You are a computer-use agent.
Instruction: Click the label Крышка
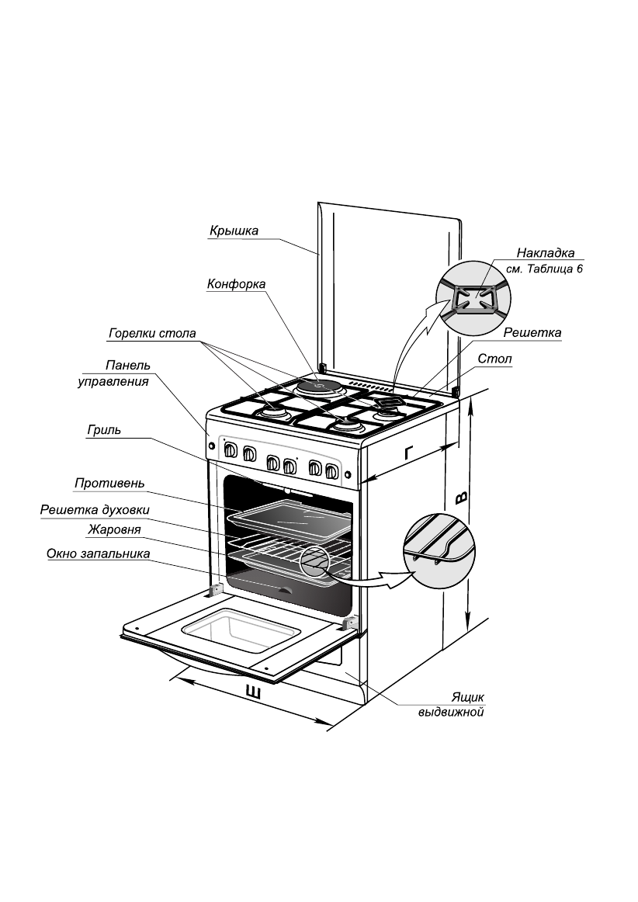234,231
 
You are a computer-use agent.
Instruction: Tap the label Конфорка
236,284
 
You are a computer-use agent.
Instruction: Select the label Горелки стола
152,334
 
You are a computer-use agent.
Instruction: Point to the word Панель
128,366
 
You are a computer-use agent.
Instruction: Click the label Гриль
104,430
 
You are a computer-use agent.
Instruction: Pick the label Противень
110,483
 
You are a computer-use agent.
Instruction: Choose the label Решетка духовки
95,510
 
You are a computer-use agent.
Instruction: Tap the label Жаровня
114,530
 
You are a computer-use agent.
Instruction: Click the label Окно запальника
99,554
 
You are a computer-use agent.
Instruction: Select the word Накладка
546,253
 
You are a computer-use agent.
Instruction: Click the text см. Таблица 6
544,269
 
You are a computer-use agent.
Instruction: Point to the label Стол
494,359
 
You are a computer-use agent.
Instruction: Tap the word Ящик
468,697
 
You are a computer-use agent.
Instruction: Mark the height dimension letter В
461,498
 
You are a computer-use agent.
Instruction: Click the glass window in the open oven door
238,630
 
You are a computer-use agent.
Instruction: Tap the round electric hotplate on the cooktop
318,386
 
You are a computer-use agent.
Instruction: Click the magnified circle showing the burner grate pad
473,297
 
